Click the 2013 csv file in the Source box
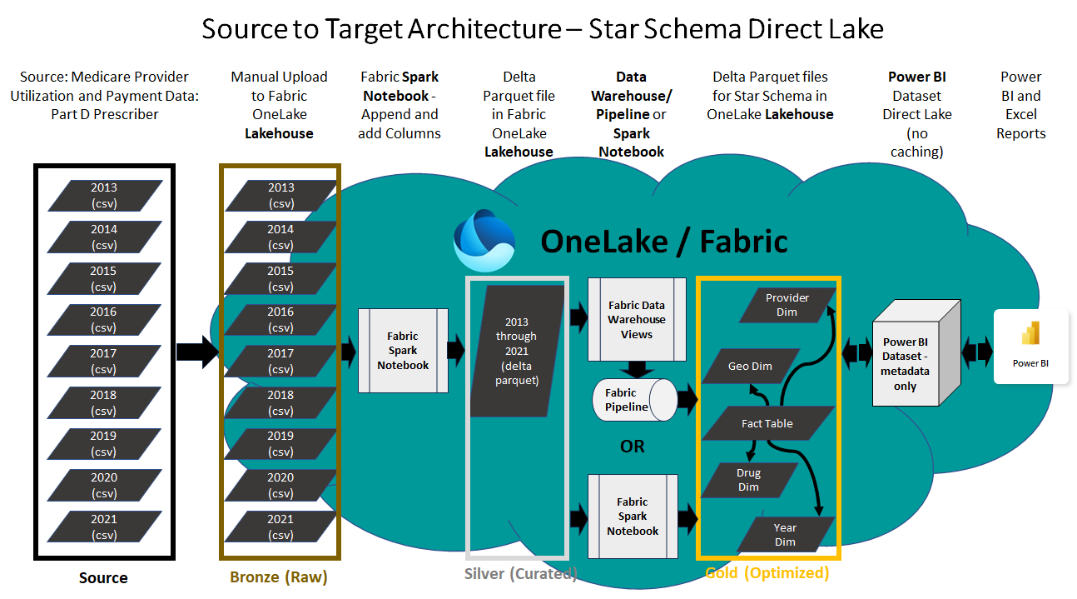click(104, 195)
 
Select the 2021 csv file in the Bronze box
click(280, 527)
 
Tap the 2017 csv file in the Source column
click(104, 361)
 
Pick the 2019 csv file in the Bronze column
click(280, 444)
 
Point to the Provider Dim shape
click(787, 305)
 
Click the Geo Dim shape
click(749, 366)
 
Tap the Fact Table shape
click(767, 423)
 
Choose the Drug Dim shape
click(749, 480)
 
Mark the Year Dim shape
click(785, 534)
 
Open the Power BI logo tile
click(1030, 346)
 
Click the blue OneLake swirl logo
click(484, 241)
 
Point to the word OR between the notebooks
click(633, 447)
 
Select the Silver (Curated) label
click(521, 573)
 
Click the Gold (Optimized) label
click(767, 573)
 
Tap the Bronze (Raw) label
click(279, 577)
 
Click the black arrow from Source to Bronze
click(196, 352)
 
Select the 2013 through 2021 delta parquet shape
click(516, 351)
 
